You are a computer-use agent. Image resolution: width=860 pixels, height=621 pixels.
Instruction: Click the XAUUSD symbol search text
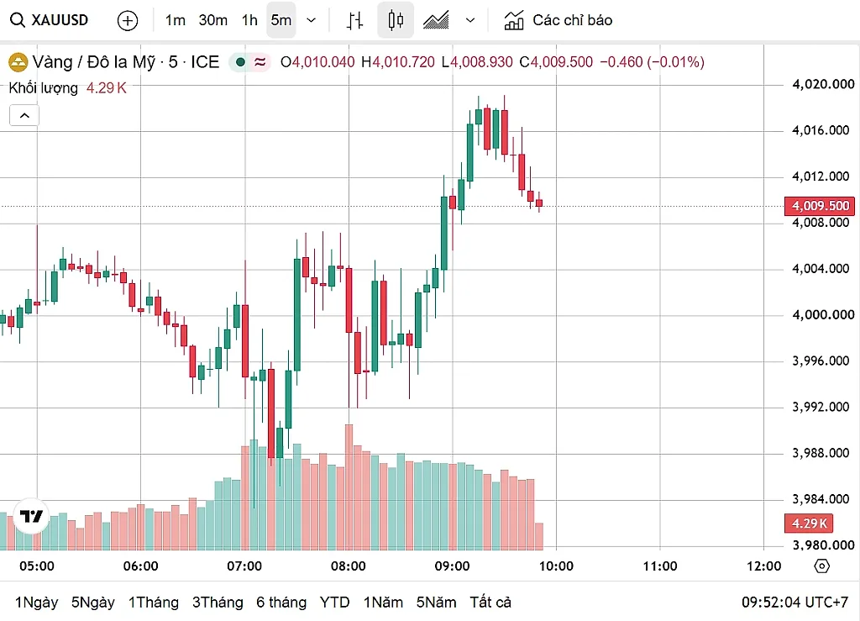[x=60, y=20]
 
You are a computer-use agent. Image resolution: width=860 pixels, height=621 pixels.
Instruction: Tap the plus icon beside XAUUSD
[x=128, y=21]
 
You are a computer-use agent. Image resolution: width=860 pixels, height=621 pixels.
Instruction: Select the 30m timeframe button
[x=212, y=20]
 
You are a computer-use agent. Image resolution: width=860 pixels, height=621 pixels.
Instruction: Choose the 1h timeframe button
[x=249, y=20]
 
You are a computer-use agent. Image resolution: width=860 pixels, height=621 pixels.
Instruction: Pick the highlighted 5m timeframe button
[x=281, y=20]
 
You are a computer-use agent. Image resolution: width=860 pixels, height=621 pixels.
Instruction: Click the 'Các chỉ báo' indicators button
[x=558, y=20]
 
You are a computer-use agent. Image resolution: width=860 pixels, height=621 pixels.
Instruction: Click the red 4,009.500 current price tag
[x=820, y=206]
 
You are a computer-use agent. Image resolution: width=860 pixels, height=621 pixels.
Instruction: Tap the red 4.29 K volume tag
[x=809, y=523]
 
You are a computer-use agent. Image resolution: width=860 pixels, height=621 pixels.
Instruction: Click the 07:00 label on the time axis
[x=244, y=566]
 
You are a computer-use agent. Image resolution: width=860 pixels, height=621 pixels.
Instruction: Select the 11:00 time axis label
[x=660, y=566]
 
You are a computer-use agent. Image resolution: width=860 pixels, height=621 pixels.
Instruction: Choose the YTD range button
[x=334, y=603]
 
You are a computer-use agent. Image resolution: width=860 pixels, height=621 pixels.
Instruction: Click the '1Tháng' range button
[x=154, y=603]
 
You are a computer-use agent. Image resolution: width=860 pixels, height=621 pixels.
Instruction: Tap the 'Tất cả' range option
[x=490, y=603]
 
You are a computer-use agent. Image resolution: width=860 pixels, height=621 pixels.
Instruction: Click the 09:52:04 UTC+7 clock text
[x=794, y=603]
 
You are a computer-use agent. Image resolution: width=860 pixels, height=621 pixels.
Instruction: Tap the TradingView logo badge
[x=31, y=516]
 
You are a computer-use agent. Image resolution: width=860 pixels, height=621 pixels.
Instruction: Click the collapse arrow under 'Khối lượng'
[x=24, y=115]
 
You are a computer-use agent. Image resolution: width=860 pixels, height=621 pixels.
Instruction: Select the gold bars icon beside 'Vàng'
[x=18, y=62]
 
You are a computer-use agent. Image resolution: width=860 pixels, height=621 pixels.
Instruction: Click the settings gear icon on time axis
[x=821, y=566]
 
